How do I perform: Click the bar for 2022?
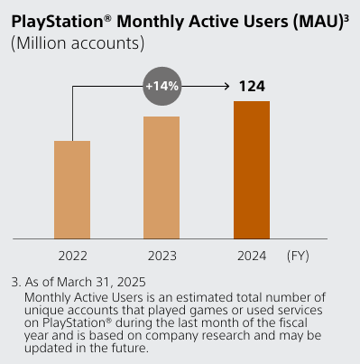point(72,190)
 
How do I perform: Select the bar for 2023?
point(162,177)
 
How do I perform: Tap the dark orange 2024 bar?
point(252,170)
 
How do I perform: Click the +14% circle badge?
point(162,87)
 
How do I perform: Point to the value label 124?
point(252,87)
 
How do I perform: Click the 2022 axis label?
point(72,257)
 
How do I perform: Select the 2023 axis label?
point(162,257)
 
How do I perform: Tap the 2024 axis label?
point(252,257)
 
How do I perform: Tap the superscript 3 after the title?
point(346,14)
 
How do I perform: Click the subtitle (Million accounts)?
point(78,43)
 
